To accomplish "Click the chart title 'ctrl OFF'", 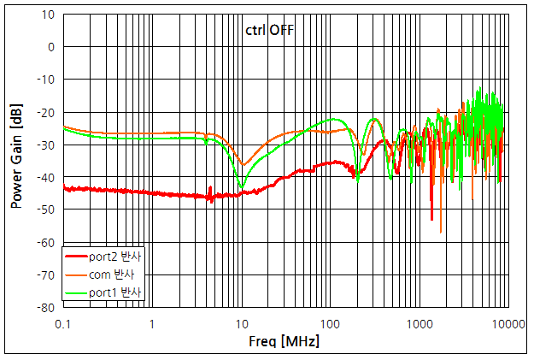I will pos(269,30).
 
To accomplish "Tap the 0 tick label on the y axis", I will pos(50,47).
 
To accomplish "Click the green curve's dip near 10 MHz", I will pos(242,186).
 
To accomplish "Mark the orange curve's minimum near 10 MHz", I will pos(243,164).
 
